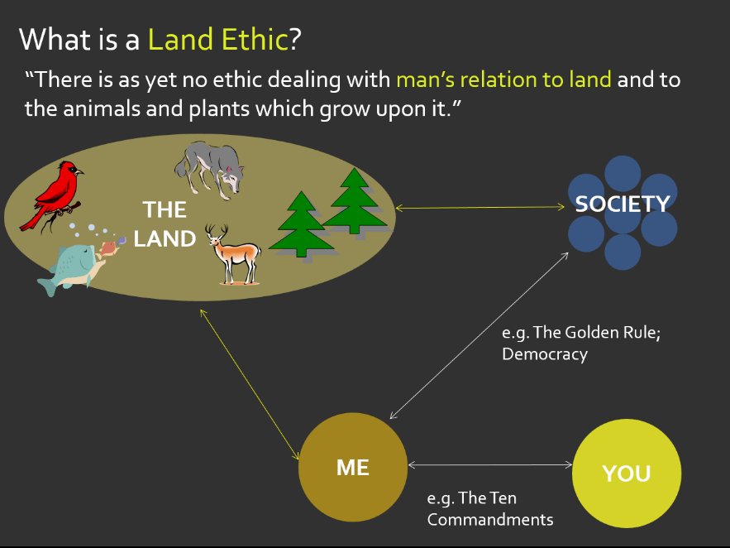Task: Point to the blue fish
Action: click(x=73, y=265)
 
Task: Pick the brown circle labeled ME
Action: click(x=353, y=467)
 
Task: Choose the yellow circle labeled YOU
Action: click(x=627, y=473)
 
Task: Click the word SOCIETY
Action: click(x=622, y=204)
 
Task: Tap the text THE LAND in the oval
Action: click(x=165, y=224)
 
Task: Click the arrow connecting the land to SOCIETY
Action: click(x=482, y=208)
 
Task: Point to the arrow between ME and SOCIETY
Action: click(x=480, y=334)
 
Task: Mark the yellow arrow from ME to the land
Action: click(x=249, y=384)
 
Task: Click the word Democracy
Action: click(x=545, y=354)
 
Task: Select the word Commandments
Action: click(x=489, y=520)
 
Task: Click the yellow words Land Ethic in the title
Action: click(x=218, y=39)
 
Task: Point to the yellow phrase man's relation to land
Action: click(x=503, y=79)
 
